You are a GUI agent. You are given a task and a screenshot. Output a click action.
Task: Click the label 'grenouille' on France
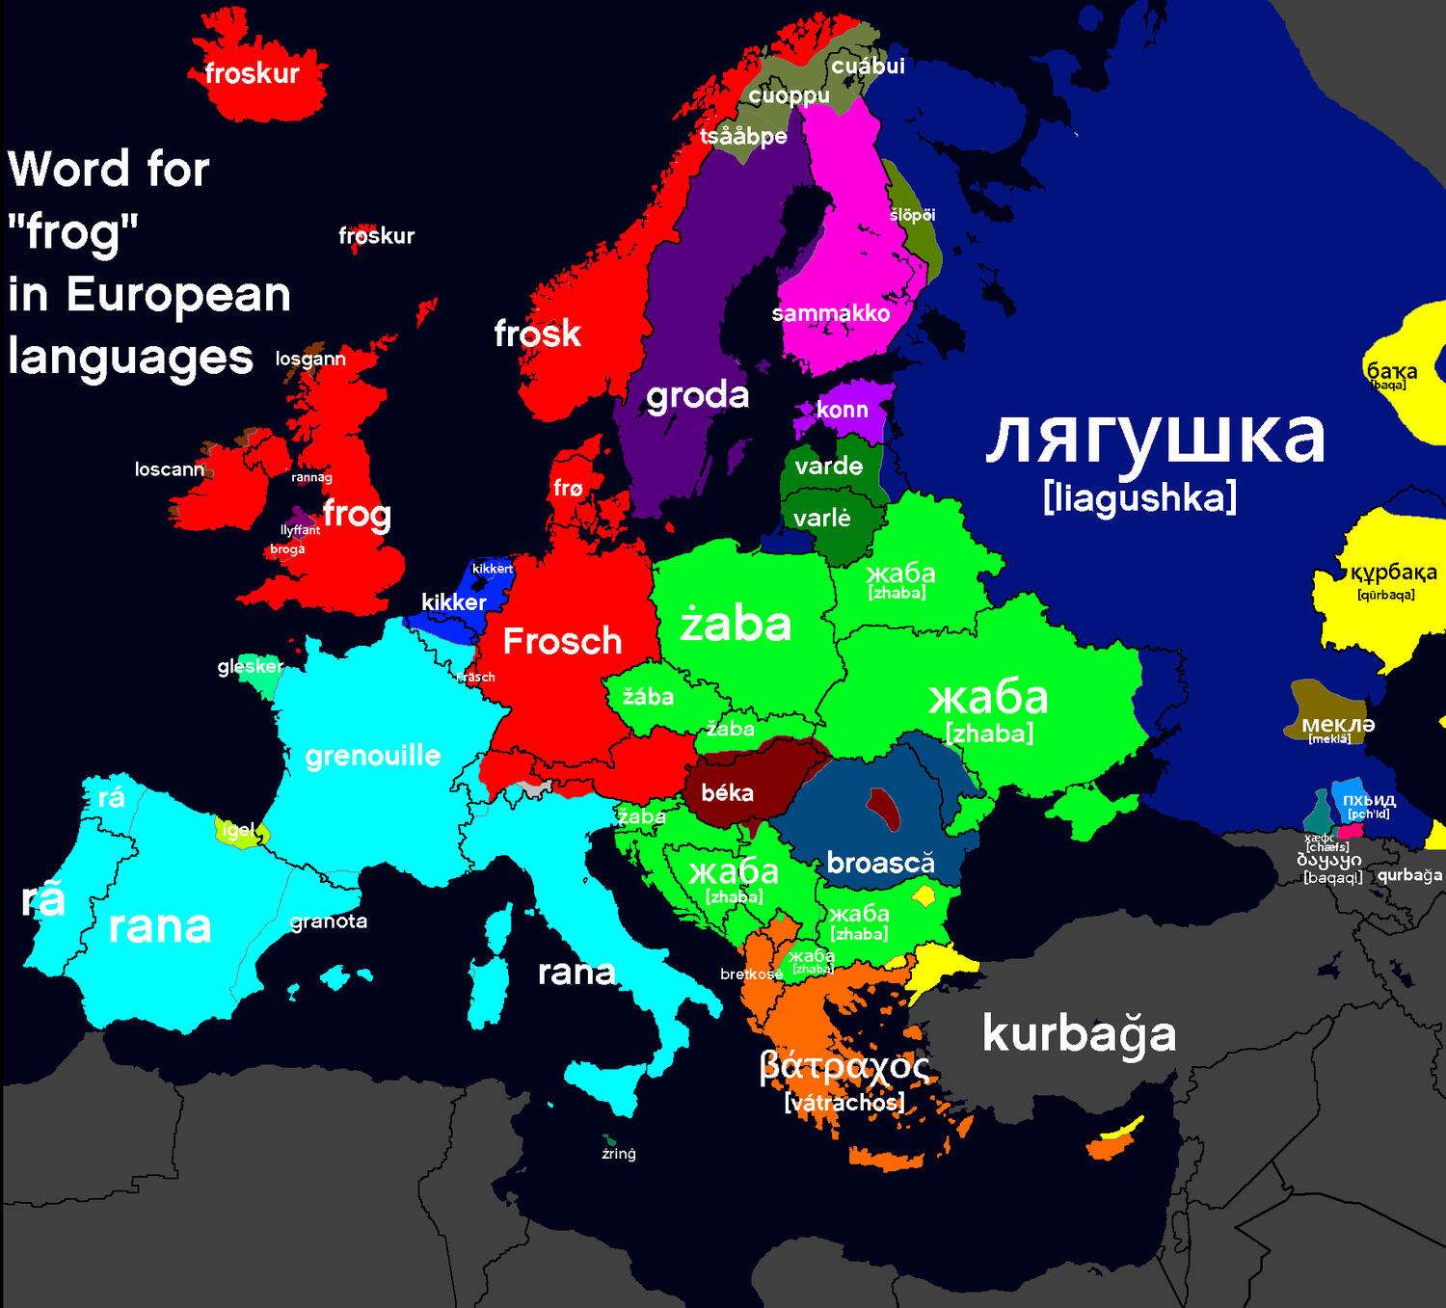pos(372,756)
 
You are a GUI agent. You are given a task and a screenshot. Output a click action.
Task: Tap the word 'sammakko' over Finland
pos(830,313)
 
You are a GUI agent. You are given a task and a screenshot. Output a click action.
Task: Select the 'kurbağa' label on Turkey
pos(1079,1034)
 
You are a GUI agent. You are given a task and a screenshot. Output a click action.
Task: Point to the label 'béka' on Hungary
pos(727,793)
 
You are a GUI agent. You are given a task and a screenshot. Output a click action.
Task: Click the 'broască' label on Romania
pos(880,863)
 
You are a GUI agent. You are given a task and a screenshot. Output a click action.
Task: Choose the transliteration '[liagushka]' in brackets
pos(1139,498)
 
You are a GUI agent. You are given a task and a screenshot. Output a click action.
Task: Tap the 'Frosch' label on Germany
pos(562,641)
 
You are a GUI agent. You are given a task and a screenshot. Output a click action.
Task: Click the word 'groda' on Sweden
pos(697,395)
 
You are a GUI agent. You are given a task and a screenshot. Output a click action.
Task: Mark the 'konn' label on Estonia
pos(842,410)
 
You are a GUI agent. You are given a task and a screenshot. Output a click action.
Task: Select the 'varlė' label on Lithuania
pos(821,519)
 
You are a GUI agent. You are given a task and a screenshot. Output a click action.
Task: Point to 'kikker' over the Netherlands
pos(453,602)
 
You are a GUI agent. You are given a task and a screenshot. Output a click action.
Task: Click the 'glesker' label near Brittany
pos(250,666)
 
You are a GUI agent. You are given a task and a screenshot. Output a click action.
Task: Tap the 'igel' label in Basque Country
pos(237,830)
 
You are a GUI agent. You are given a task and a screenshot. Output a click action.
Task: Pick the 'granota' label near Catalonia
pos(329,921)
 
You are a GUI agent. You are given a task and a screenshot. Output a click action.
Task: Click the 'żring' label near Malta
pos(618,1154)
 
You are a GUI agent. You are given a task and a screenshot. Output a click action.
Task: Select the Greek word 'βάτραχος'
pos(844,1066)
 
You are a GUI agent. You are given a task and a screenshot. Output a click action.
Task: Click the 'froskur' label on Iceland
pos(252,73)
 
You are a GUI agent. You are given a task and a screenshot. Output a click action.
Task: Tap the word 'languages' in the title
pos(130,358)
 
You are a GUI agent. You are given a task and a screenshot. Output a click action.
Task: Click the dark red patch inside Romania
pos(882,808)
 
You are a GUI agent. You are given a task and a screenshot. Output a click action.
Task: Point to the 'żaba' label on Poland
pos(736,625)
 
